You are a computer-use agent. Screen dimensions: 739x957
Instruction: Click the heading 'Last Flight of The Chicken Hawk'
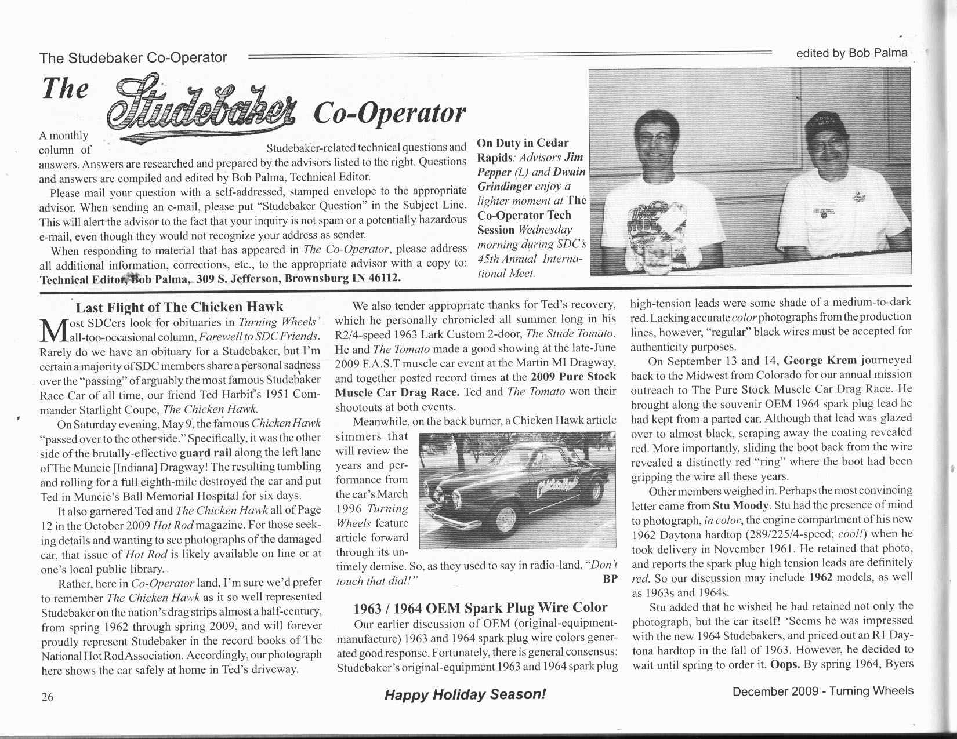click(180, 307)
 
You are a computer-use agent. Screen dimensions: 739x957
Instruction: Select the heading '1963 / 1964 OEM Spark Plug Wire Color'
click(480, 607)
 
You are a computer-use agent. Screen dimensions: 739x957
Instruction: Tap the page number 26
click(48, 697)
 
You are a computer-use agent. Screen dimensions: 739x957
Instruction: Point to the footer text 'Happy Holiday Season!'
click(465, 694)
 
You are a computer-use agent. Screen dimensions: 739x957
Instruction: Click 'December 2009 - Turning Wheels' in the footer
click(822, 691)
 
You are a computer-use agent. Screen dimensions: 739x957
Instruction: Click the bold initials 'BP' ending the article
click(610, 579)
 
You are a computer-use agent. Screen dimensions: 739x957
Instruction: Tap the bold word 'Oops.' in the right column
click(785, 664)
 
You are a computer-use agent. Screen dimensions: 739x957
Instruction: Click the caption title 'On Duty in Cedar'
click(523, 143)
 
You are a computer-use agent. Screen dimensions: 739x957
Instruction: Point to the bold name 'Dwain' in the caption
click(569, 172)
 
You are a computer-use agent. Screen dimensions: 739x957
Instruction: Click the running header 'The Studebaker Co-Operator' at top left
click(133, 57)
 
